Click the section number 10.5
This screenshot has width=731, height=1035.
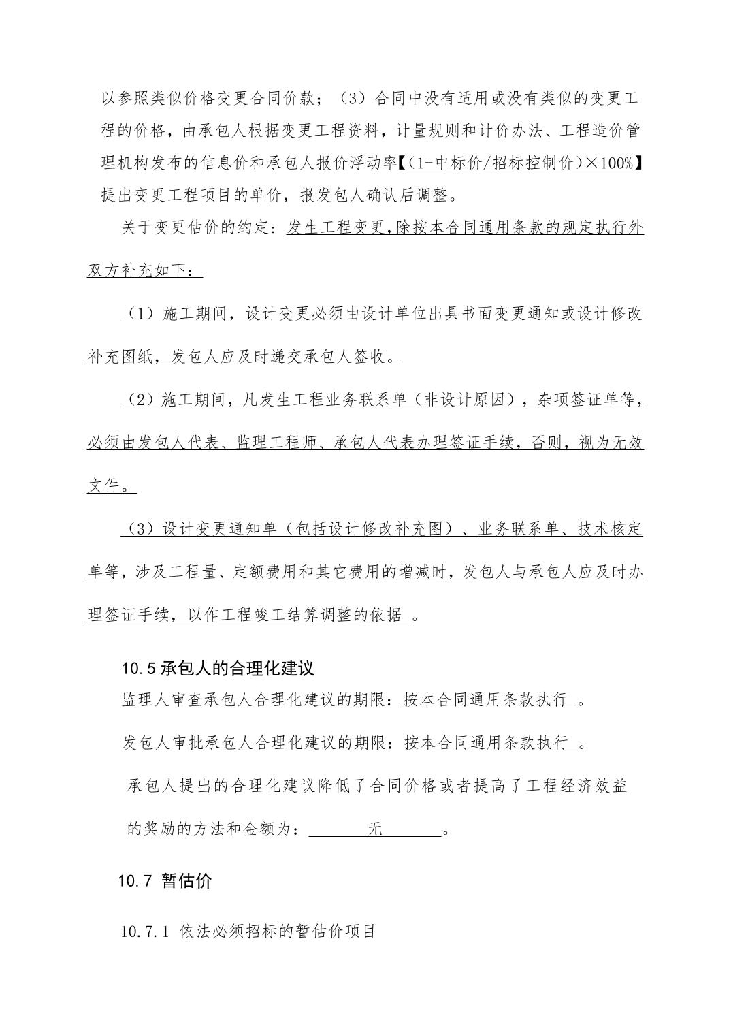pyautogui.click(x=140, y=668)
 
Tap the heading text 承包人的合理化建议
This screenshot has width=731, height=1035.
pyautogui.click(x=238, y=667)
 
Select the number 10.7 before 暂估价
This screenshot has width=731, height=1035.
pyautogui.click(x=135, y=880)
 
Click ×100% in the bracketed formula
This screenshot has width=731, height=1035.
pyautogui.click(x=609, y=163)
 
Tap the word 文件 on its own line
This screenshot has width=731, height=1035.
pyautogui.click(x=103, y=486)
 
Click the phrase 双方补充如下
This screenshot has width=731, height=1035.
pyautogui.click(x=136, y=270)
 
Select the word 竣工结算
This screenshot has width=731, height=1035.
pyautogui.click(x=302, y=615)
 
